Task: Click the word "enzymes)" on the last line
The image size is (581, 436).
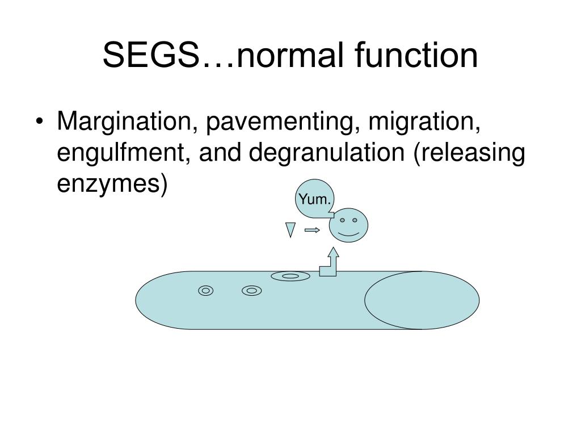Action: [x=112, y=185]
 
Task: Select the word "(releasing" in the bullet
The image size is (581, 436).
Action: [x=469, y=155]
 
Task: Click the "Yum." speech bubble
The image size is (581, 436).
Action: [x=315, y=199]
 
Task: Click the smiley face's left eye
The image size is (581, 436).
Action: [x=343, y=219]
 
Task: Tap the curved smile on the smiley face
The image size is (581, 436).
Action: [x=348, y=233]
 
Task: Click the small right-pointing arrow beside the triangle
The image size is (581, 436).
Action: [x=312, y=230]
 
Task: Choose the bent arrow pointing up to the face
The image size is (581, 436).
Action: [x=331, y=265]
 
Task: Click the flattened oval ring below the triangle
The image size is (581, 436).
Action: [x=290, y=276]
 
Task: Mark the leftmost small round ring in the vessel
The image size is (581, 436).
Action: [x=206, y=291]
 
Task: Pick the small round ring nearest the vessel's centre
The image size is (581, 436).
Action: [x=251, y=291]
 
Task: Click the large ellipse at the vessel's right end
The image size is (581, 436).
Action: [x=422, y=300]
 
